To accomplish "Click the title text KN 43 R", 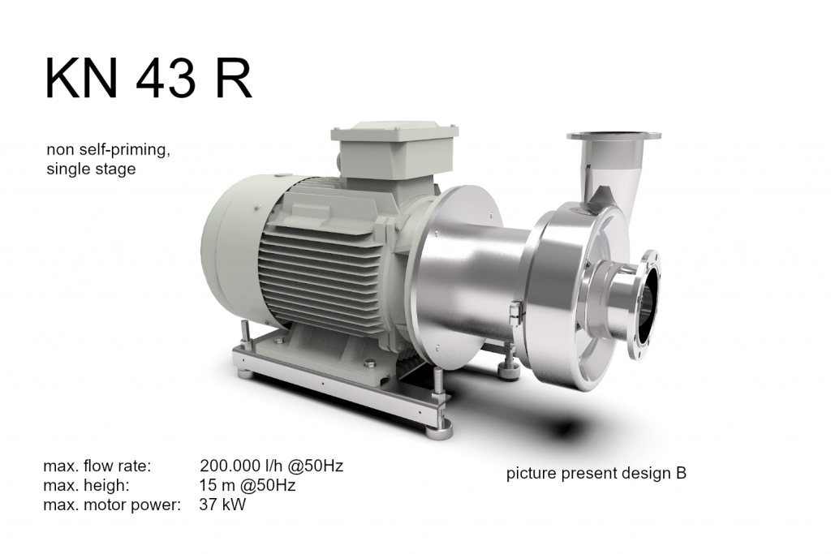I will point(148,79).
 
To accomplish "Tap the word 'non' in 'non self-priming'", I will point(59,152).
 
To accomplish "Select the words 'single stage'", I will point(91,170).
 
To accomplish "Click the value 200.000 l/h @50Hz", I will point(271,466).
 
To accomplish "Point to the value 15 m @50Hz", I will point(247,486).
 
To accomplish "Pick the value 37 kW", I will point(222,505).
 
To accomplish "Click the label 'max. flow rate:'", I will point(97,466).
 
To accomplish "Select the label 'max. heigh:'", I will point(86,486).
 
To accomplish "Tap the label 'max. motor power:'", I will point(111,505).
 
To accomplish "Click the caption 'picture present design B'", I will point(596,474).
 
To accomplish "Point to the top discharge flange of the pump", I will point(613,136).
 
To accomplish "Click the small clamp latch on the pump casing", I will point(514,313).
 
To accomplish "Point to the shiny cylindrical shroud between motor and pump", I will point(475,268).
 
